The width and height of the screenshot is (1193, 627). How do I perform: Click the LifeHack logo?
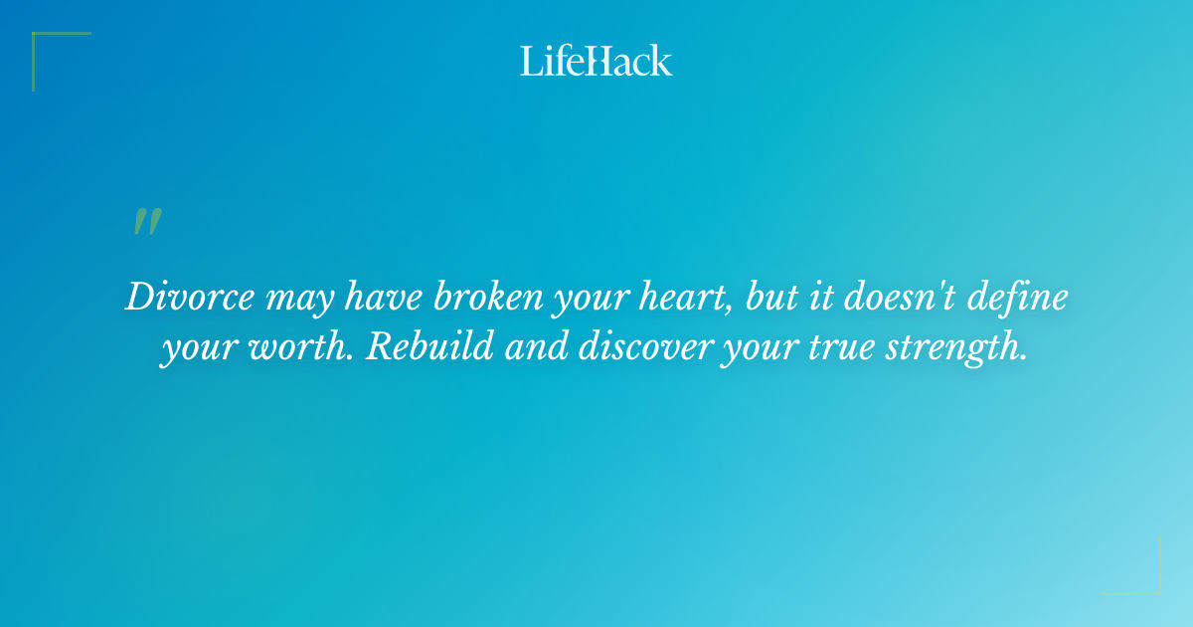[596, 61]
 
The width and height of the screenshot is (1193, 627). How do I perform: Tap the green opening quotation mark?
[146, 222]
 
